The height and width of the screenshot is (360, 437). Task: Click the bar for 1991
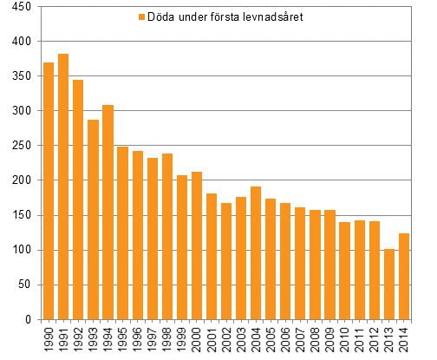[63, 187]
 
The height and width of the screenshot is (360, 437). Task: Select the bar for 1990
[49, 191]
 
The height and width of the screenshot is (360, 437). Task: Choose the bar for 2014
[404, 276]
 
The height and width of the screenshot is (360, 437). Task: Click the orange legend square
[141, 17]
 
